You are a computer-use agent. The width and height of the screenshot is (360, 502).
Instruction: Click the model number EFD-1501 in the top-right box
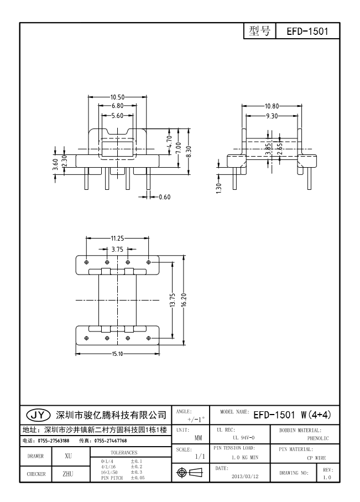pyautogui.click(x=307, y=32)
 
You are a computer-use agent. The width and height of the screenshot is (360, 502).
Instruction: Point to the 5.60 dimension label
pyautogui.click(x=117, y=116)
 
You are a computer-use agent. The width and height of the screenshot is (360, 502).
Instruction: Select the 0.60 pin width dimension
pyautogui.click(x=165, y=197)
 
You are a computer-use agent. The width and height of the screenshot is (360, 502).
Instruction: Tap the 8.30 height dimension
pyautogui.click(x=189, y=147)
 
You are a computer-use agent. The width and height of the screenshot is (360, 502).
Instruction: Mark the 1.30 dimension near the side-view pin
pyautogui.click(x=220, y=188)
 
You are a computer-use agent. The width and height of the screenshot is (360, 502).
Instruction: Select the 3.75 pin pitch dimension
pyautogui.click(x=117, y=250)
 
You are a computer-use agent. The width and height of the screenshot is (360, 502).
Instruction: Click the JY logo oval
pyautogui.click(x=38, y=414)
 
